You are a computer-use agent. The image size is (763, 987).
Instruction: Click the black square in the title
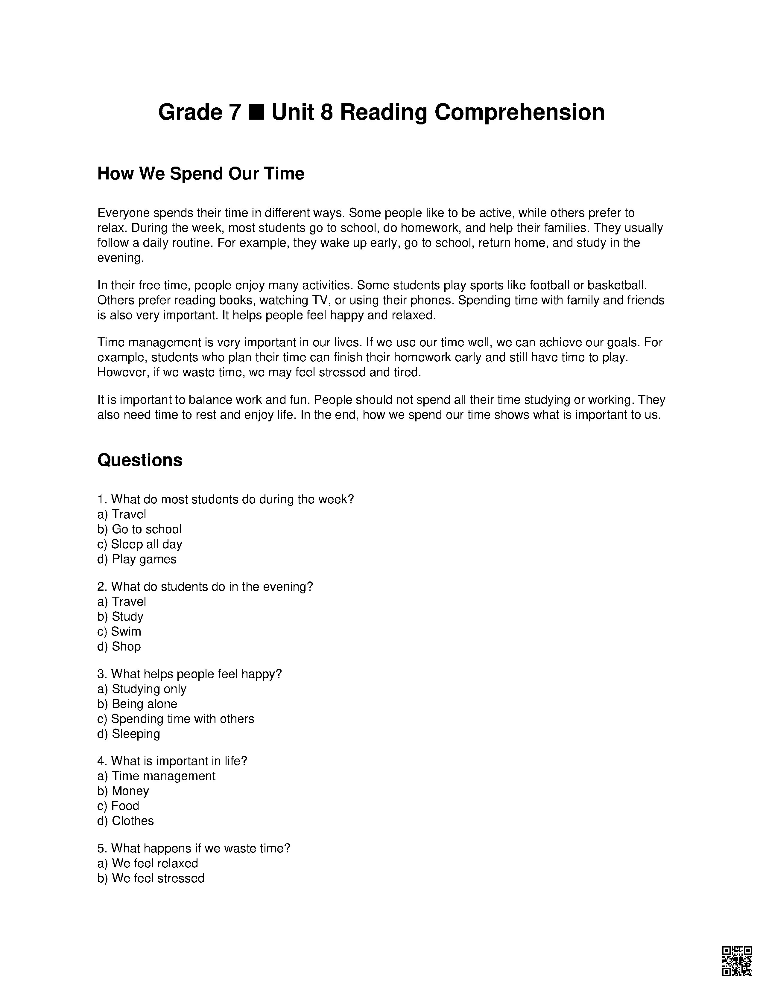coord(256,112)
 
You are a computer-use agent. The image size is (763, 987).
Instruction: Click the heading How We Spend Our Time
coord(201,173)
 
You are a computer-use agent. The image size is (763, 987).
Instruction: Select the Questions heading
coord(140,460)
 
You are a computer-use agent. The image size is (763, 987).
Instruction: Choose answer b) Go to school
coord(139,529)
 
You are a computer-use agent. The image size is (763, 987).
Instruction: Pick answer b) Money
coord(123,791)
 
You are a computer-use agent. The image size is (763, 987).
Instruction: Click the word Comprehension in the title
coord(519,112)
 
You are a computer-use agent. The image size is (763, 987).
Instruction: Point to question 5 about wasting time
coord(194,848)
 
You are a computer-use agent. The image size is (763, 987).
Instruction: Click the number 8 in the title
coord(327,112)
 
